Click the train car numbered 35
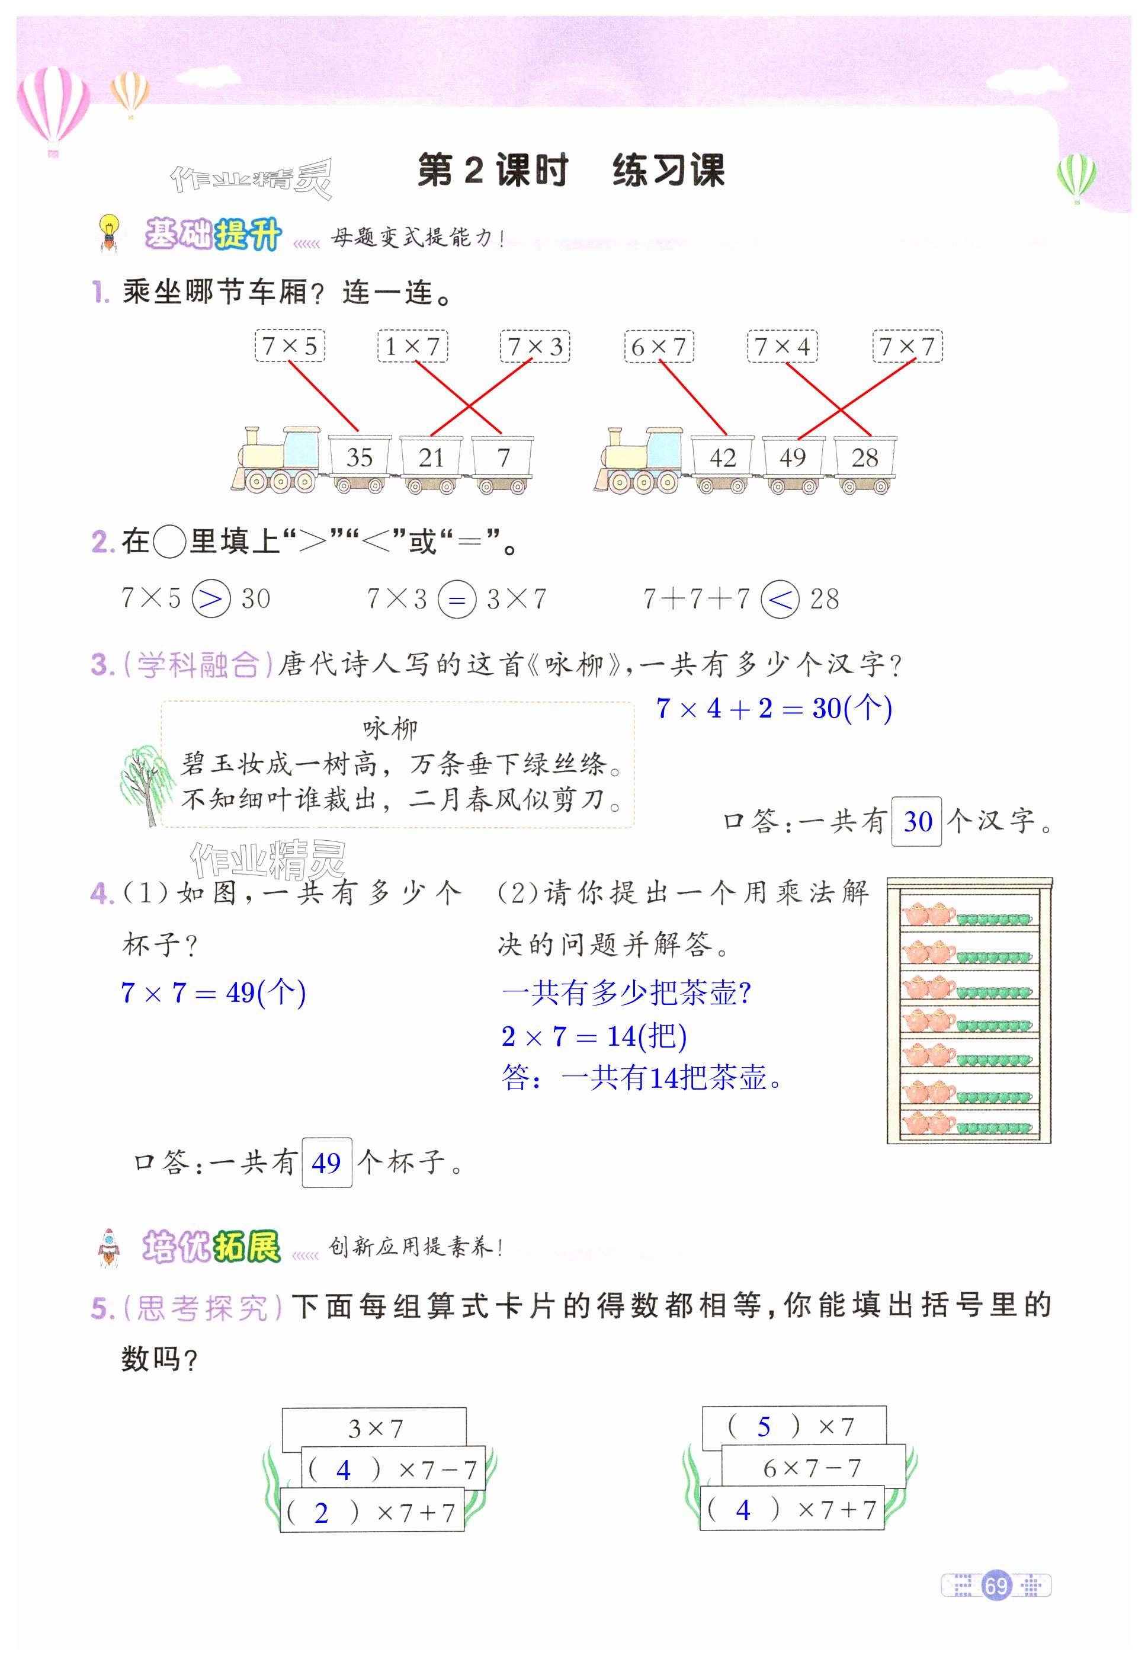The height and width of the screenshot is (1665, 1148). (x=360, y=457)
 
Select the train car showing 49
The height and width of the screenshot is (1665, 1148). (x=793, y=457)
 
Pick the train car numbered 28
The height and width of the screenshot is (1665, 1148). (x=865, y=457)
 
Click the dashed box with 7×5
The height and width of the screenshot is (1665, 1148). (x=290, y=346)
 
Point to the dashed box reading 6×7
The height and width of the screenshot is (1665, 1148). (x=659, y=346)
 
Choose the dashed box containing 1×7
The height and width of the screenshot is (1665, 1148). (x=412, y=346)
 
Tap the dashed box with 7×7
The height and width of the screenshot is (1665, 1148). (x=907, y=346)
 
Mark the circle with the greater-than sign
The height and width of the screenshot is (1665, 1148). (x=211, y=598)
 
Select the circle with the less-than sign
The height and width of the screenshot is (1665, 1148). (x=780, y=598)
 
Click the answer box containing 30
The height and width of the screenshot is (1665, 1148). (x=917, y=821)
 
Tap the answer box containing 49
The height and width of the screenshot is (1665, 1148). (x=326, y=1163)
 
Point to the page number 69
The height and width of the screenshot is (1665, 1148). (x=996, y=1585)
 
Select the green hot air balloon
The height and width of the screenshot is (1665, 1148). (x=1076, y=177)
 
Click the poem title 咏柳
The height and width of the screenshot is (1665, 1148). (x=390, y=728)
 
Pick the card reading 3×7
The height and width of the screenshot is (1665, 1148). (x=375, y=1428)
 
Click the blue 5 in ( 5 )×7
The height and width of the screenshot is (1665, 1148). (x=764, y=1426)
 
